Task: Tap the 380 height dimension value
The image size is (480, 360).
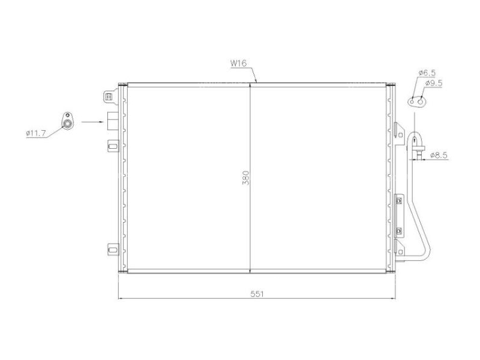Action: [x=245, y=178]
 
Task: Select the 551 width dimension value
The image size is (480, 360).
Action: [x=256, y=294]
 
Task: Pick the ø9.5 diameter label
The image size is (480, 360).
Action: [x=433, y=83]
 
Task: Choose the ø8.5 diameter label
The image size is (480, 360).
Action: [x=439, y=155]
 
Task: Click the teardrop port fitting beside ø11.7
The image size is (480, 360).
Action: [x=68, y=122]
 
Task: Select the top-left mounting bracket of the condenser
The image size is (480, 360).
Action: [x=109, y=96]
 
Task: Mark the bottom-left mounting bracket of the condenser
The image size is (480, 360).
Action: [x=112, y=248]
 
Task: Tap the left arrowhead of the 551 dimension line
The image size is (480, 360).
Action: [x=121, y=298]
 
